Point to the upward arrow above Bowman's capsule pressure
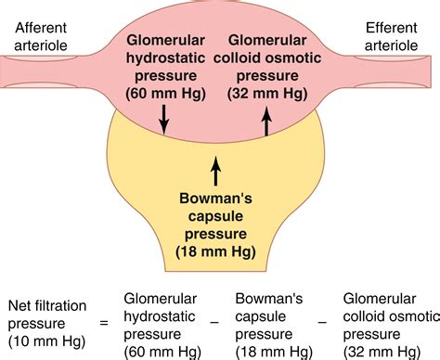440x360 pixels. [x=216, y=172]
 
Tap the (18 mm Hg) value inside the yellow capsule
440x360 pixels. [x=216, y=251]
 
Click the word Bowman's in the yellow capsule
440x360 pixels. [x=216, y=197]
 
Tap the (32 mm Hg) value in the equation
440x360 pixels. [x=381, y=351]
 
